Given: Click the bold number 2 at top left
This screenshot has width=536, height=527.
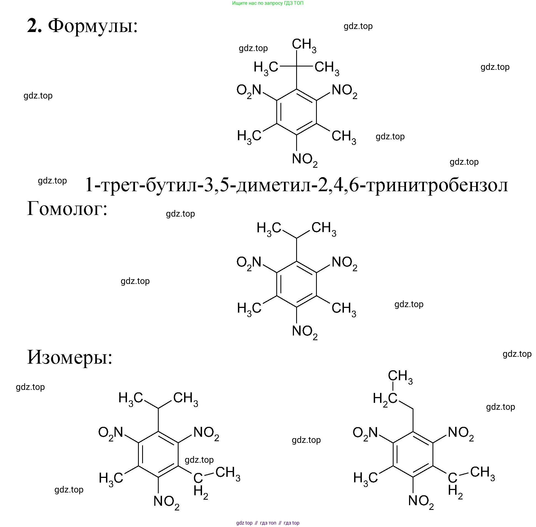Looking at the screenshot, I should point(34,26).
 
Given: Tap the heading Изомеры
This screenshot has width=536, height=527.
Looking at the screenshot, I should point(70,357).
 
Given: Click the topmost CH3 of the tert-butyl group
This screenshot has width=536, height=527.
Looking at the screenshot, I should point(304,45).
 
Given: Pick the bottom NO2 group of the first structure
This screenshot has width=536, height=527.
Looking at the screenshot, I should point(304,160).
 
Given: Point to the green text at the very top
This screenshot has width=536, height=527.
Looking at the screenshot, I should point(268,3).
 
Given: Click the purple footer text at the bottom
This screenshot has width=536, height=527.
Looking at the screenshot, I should point(268,523).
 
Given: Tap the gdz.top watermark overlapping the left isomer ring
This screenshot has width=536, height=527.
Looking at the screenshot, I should point(199,460).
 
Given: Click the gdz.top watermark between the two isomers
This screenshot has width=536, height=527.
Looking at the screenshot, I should point(306,440).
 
